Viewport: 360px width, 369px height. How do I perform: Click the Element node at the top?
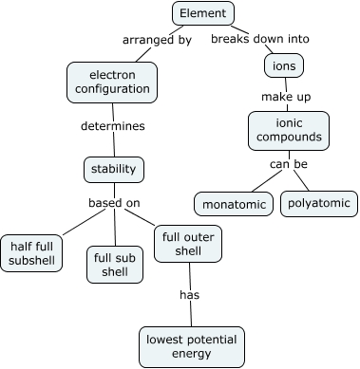pos(203,13)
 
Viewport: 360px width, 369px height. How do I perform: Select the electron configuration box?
pos(112,82)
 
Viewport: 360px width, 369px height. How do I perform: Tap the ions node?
pos(283,65)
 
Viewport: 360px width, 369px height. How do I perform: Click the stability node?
pos(114,170)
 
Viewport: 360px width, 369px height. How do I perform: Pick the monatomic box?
pos(234,203)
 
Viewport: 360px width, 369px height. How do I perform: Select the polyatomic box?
pos(318,203)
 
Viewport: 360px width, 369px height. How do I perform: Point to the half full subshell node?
pos(33,253)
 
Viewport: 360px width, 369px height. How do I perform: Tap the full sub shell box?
pos(115,263)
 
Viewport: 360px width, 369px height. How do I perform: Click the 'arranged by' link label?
pos(157,40)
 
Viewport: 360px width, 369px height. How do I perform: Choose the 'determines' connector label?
pos(112,124)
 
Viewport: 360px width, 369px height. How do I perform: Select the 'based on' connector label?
pos(114,202)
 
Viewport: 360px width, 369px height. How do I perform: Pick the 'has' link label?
pos(190,294)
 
